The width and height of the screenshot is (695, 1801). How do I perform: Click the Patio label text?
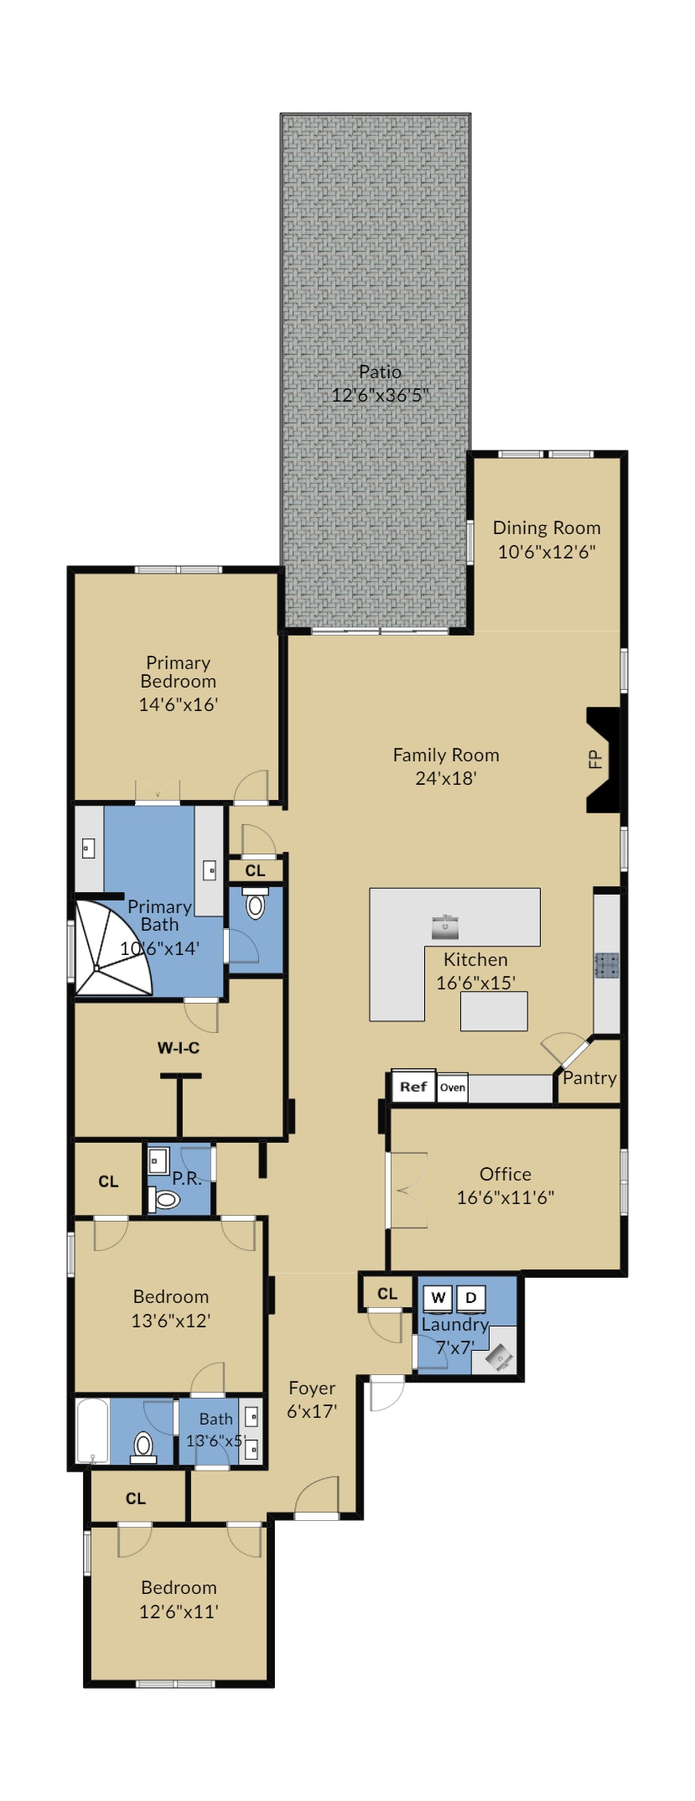point(380,371)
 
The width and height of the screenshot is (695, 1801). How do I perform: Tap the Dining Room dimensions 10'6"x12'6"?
point(547,552)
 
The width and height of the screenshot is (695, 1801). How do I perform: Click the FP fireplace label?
point(595,760)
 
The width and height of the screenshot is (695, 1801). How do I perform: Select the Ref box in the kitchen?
point(413,1087)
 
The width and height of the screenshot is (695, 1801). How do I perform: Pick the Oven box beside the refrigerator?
point(453,1087)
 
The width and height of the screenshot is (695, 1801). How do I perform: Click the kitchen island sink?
point(445,927)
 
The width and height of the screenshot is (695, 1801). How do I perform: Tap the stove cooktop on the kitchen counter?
point(607,965)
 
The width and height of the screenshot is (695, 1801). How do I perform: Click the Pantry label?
point(589,1077)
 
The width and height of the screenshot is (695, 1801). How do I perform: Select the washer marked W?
point(438,1298)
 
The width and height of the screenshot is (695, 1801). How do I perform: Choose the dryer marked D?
point(471,1298)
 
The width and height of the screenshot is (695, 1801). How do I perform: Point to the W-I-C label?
point(179,1048)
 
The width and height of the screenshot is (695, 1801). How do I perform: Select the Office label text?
point(506,1174)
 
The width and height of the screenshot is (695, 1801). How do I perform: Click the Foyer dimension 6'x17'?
point(312,1411)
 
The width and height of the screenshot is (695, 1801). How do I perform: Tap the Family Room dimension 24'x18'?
point(446,778)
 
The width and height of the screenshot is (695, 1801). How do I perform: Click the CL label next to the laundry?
point(387,1294)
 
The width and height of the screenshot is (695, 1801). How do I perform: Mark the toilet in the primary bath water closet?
point(256,905)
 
